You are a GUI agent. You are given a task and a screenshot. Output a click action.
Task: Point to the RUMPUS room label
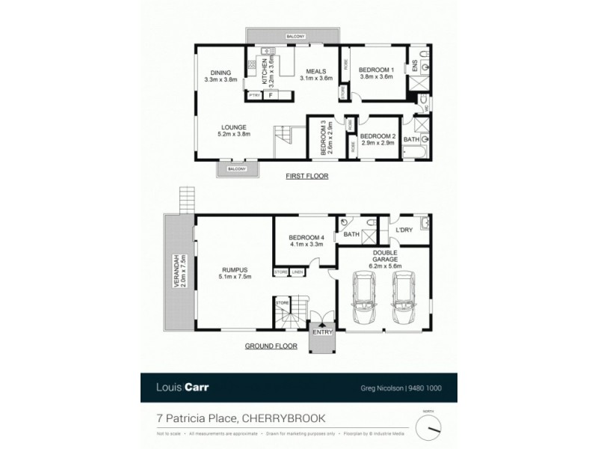tap(235, 272)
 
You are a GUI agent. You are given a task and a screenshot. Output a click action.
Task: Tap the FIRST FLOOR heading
tap(307, 177)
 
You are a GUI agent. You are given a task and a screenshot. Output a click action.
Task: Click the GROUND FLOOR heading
tap(271, 346)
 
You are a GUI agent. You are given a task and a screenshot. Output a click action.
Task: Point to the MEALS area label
tap(315, 73)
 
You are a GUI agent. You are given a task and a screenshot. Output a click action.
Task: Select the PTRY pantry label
tap(254, 96)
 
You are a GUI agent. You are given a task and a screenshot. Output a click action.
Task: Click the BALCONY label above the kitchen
tap(295, 35)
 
